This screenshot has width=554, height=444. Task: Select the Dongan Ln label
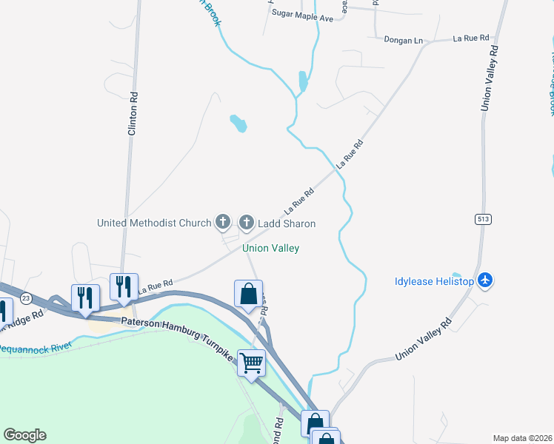402,39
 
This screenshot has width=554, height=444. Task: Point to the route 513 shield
483,219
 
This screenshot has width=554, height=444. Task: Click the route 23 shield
26,297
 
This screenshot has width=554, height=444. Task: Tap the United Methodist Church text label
154,223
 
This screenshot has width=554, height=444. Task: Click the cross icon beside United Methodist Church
223,221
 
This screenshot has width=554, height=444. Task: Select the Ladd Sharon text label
287,223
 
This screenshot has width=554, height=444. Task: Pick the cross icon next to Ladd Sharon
247,221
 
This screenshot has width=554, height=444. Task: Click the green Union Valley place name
271,249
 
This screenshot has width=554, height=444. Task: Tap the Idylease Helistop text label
433,281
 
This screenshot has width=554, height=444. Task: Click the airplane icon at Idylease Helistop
485,280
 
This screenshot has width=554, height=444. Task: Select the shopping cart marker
251,363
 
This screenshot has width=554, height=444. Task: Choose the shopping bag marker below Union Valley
249,294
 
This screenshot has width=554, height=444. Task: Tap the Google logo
24,435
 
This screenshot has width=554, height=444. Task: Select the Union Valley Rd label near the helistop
424,342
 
